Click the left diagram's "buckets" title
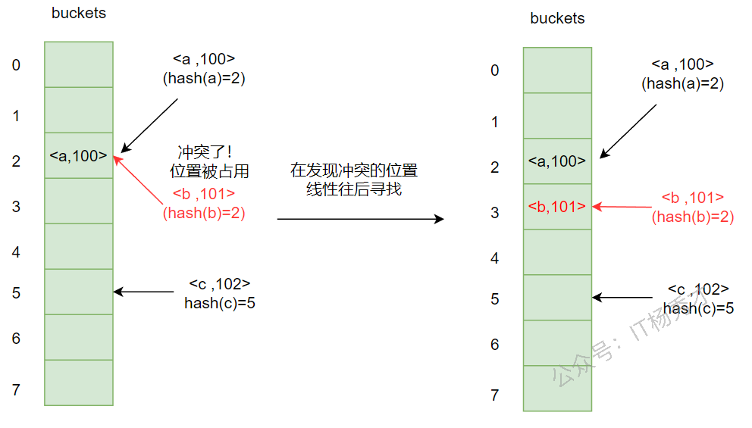coord(79,13)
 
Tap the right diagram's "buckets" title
coord(557,18)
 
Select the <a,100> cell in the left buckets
coord(78,156)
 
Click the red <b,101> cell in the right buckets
coord(557,206)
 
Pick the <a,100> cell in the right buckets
coord(557,161)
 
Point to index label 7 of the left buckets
coord(16,390)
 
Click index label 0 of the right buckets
coord(495,70)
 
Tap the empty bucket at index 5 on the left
coord(78,292)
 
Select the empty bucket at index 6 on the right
coord(557,343)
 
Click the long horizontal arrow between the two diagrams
coord(360,219)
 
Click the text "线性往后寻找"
coord(354,189)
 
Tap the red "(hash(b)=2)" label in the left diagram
coord(204,213)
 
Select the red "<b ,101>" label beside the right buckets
coord(693,198)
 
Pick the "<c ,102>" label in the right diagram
coord(698,289)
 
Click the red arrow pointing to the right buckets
coord(622,205)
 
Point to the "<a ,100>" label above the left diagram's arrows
coord(204,58)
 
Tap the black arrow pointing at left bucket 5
coord(143,292)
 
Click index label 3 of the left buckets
coord(16,207)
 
